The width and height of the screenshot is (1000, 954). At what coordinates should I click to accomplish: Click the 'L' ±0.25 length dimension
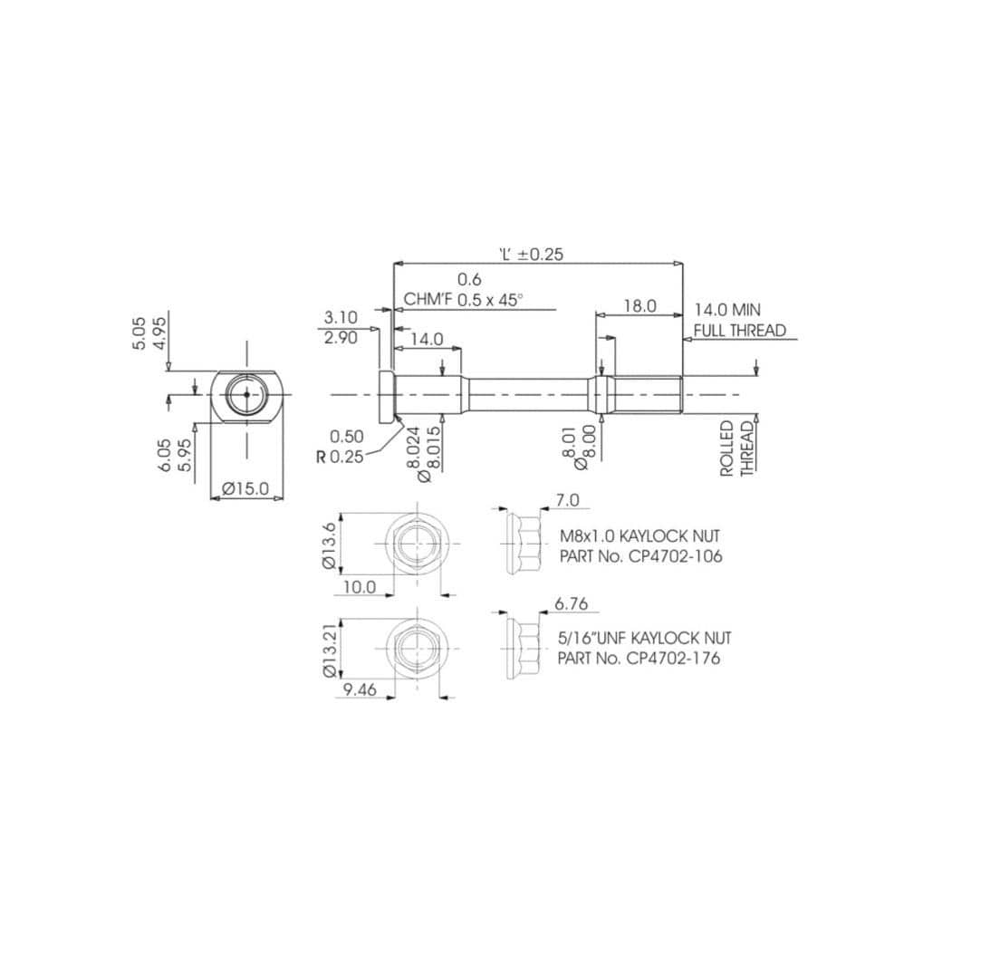pyautogui.click(x=531, y=254)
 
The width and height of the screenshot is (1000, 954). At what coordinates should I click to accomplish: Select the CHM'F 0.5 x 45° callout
pyautogui.click(x=463, y=299)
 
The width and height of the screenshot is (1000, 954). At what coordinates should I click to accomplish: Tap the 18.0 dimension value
pyautogui.click(x=639, y=306)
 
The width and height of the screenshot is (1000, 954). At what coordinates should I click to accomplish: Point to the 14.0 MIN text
pyautogui.click(x=727, y=310)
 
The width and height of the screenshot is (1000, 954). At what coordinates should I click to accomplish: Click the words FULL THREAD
pyautogui.click(x=740, y=331)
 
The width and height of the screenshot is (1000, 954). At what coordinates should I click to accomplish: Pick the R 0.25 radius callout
pyautogui.click(x=340, y=457)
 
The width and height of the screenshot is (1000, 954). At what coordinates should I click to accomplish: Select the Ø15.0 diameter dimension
pyautogui.click(x=245, y=489)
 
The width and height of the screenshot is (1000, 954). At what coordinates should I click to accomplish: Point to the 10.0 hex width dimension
pyautogui.click(x=360, y=587)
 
